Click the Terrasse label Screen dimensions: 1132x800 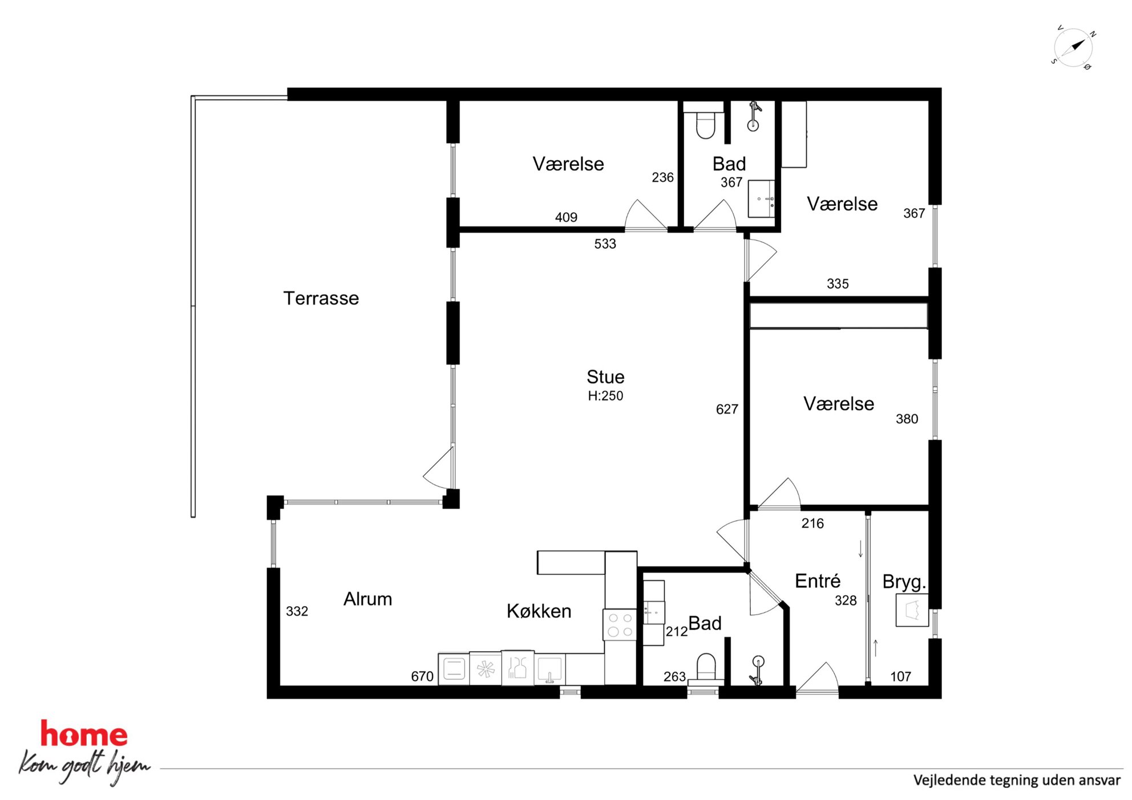pos(321,298)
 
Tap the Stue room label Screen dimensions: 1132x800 pos(605,377)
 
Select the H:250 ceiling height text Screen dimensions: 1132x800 pos(605,396)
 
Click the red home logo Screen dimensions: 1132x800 pos(84,734)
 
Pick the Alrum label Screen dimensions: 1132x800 pos(367,599)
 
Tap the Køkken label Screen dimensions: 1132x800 pos(539,611)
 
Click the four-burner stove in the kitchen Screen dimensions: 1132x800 pos(620,624)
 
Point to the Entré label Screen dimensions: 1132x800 pos(818,581)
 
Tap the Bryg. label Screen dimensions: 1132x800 pos(904,582)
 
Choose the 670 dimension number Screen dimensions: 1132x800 pos(422,676)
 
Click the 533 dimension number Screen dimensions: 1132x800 pos(605,244)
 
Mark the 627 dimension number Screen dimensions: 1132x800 pos(727,409)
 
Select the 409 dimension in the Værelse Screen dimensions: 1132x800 pos(566,217)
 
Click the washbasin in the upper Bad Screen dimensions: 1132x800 pos(762,199)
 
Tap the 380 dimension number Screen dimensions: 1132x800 pos(907,419)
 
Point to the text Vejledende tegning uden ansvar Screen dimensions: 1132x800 pos(1017,780)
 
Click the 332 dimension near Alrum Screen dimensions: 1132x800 pos(297,611)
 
